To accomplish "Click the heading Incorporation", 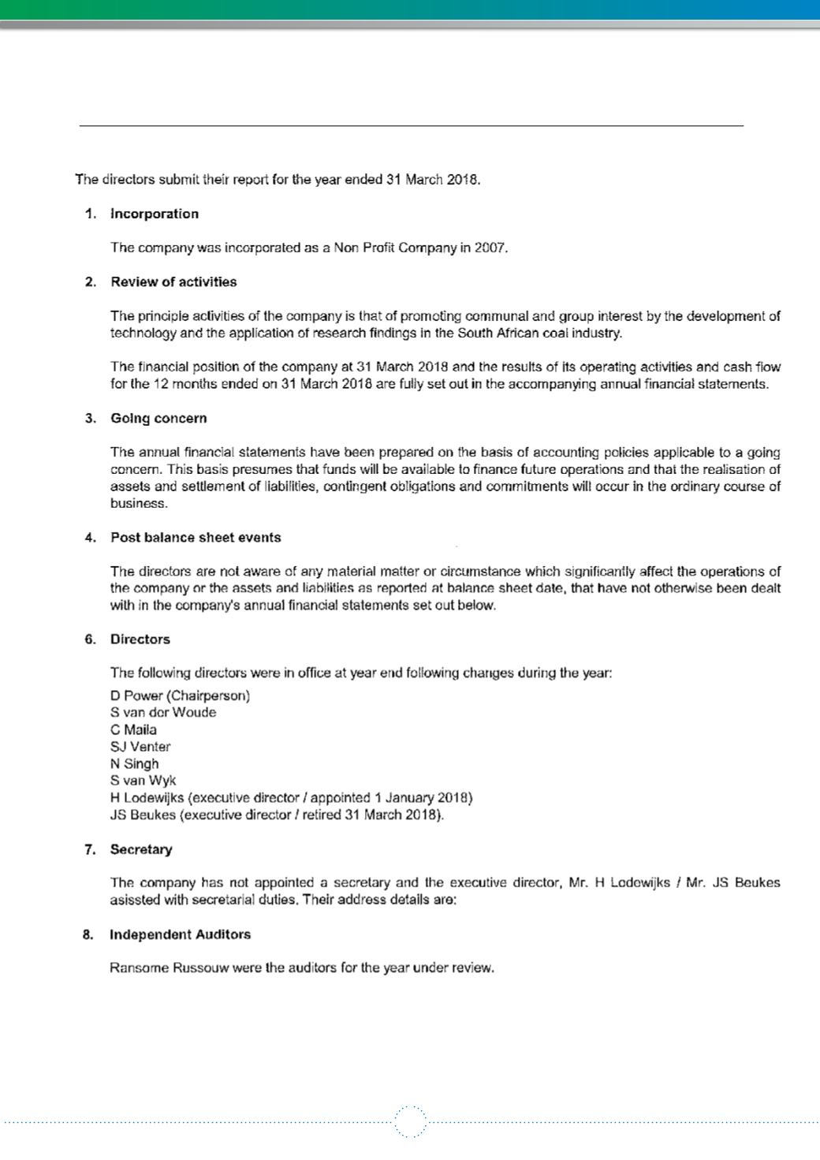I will (x=154, y=214).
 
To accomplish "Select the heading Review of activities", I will (x=173, y=282).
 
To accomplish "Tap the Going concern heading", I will (x=158, y=418).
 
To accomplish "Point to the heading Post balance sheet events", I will (x=196, y=537).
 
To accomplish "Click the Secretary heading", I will (x=141, y=849).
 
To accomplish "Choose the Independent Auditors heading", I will (x=180, y=934).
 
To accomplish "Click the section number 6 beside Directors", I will (x=90, y=639).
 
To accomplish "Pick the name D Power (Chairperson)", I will (x=180, y=696).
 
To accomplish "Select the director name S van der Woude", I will (x=163, y=712).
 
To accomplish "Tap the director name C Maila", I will (x=133, y=729).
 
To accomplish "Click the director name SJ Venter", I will (x=140, y=747).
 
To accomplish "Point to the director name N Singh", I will (x=134, y=763).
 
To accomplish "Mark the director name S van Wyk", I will (x=143, y=781).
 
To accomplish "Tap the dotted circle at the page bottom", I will (x=410, y=1121).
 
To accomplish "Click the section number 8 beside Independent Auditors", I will (x=88, y=934).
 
